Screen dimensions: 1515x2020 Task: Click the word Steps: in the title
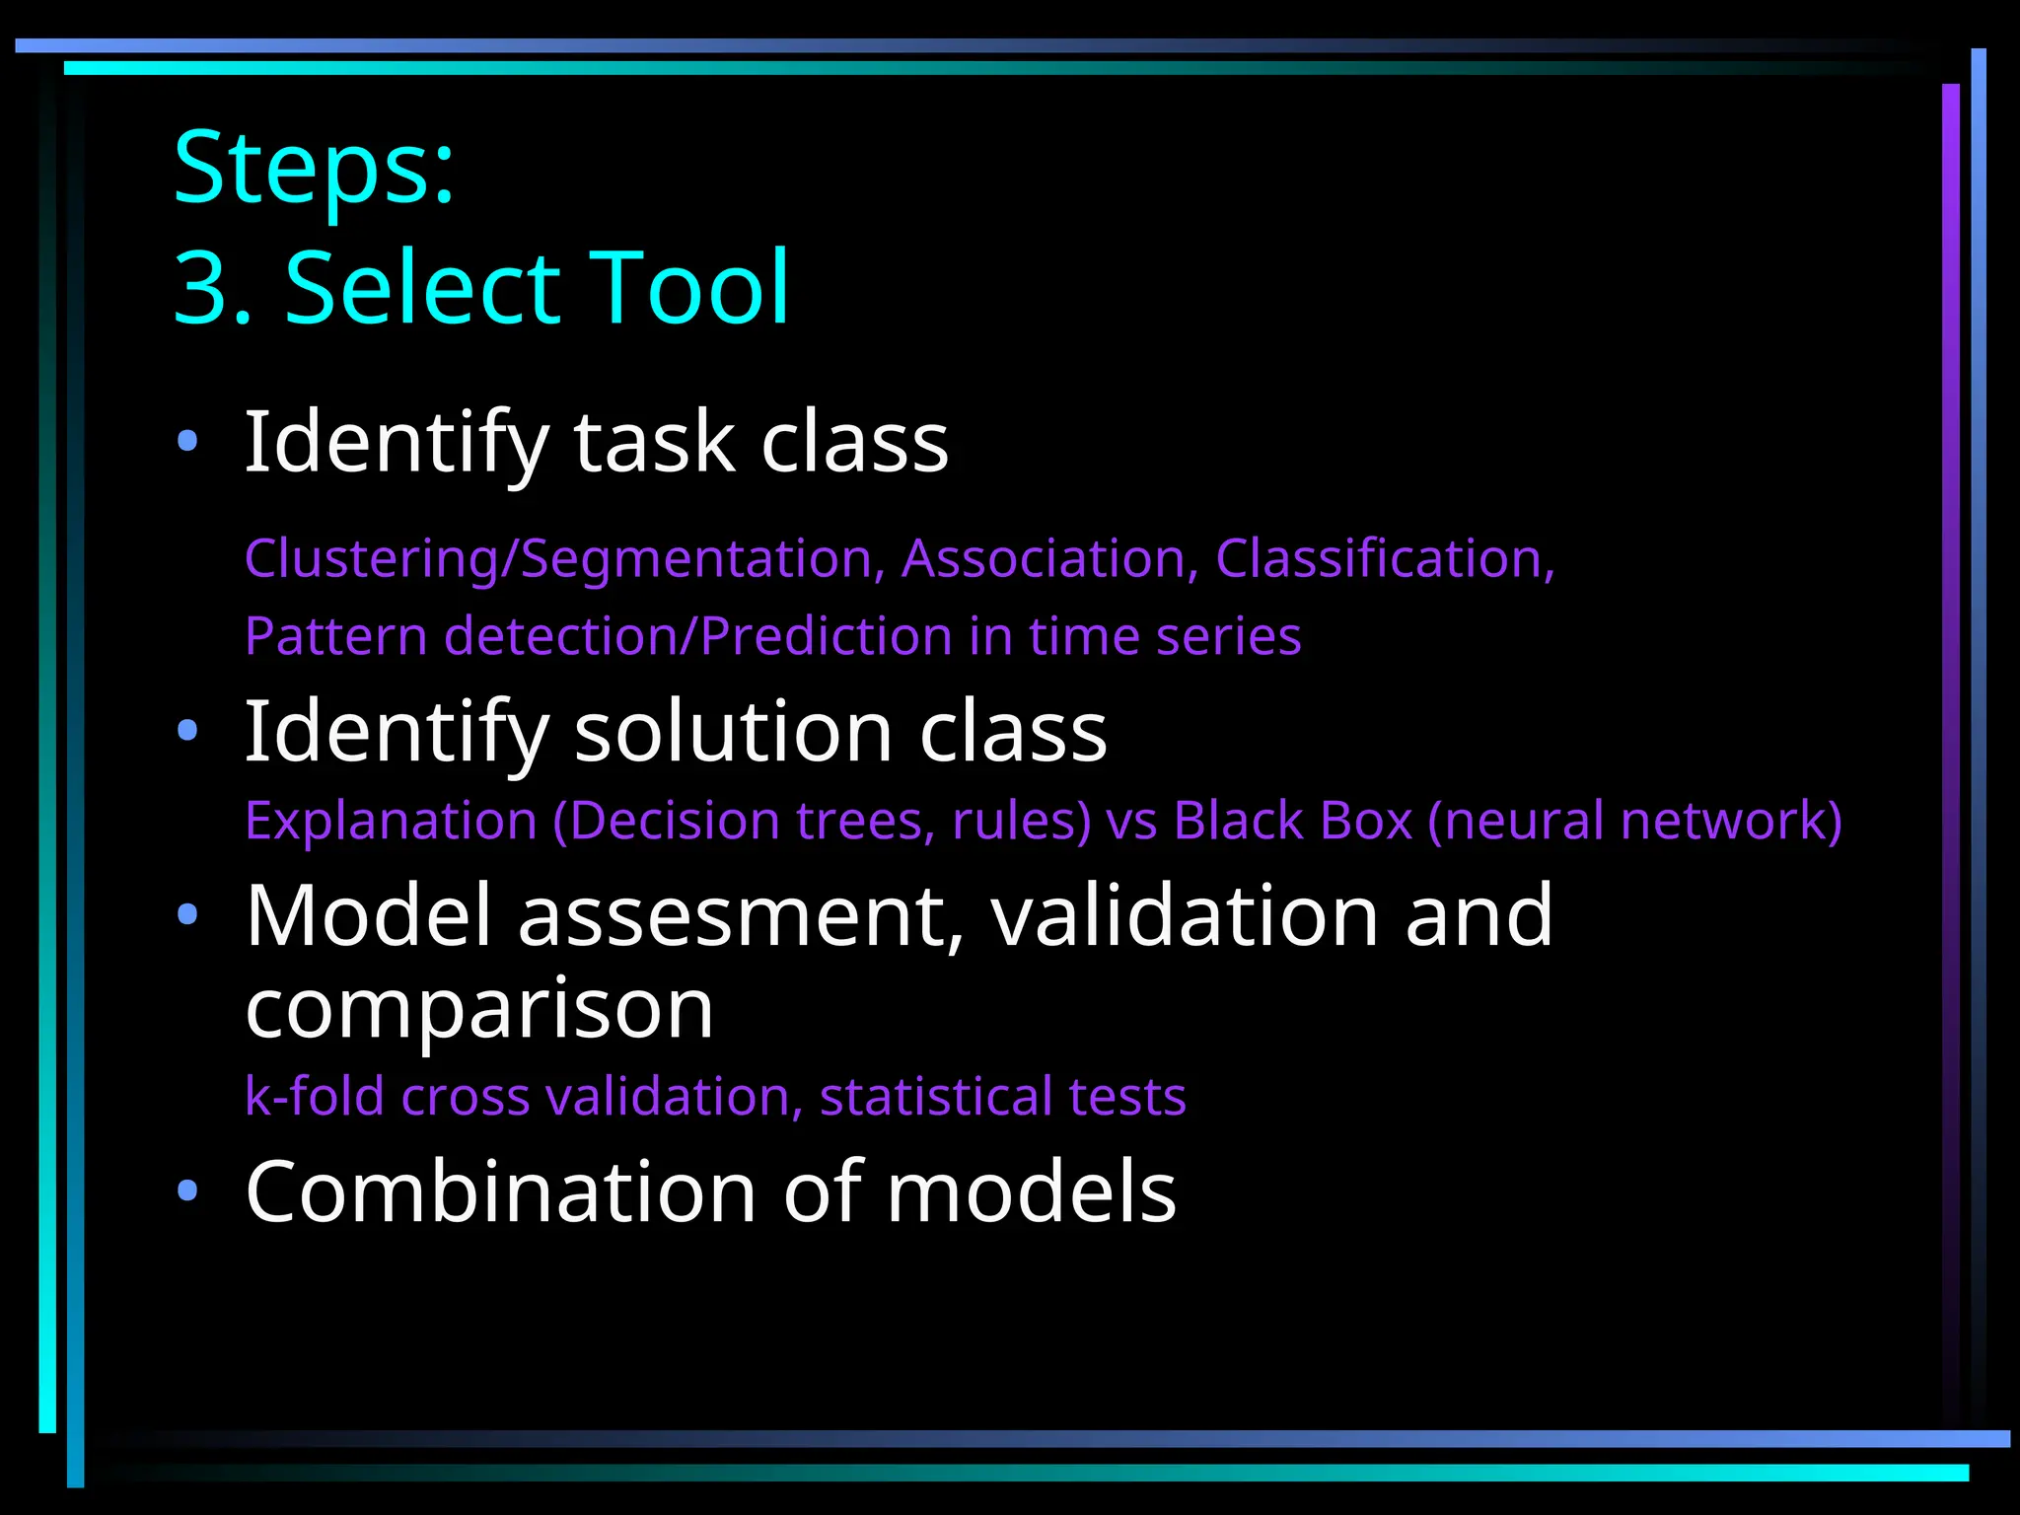coord(314,168)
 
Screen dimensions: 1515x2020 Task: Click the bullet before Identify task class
coord(187,440)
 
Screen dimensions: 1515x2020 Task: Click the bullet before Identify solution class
coord(187,731)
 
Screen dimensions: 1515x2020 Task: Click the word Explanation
coord(391,821)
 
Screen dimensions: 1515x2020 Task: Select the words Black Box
coord(1293,821)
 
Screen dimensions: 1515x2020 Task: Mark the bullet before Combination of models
coord(187,1191)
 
